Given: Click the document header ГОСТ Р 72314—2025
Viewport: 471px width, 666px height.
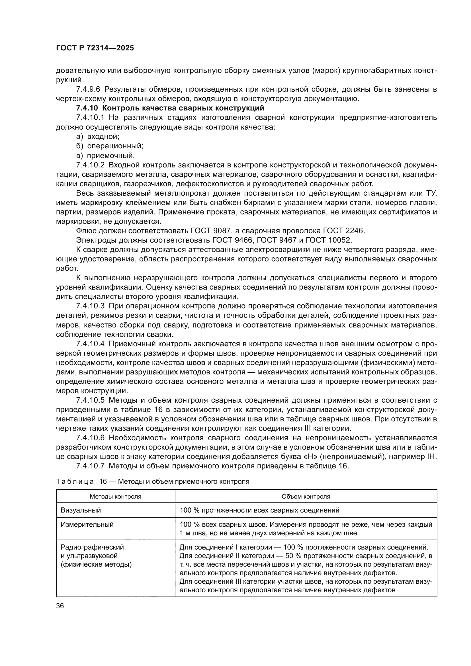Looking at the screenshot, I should (95, 48).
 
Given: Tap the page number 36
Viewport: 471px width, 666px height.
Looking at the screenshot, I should (60, 606).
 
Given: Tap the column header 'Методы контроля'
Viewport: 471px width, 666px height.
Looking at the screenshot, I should (115, 496).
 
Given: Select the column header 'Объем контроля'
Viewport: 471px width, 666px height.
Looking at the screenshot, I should (306, 496).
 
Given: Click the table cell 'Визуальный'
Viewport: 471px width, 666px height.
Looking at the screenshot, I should (81, 510).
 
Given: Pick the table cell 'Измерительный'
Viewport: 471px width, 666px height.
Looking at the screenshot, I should (87, 524).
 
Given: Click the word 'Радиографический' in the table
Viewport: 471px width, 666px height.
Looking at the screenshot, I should (92, 547).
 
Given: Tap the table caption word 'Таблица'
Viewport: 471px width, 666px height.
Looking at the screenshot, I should (75, 481).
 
